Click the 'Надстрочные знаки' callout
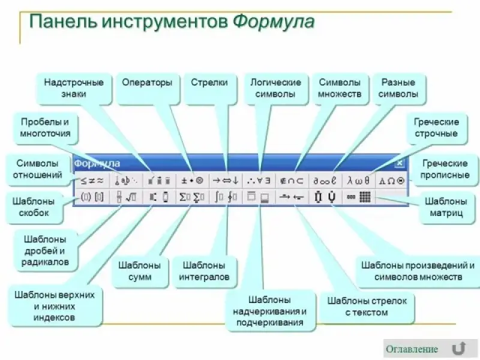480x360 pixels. [x=73, y=88]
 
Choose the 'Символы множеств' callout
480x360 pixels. [x=340, y=88]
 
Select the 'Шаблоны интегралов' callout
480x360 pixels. [x=204, y=271]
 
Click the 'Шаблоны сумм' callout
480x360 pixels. [x=139, y=271]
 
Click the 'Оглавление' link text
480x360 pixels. [x=411, y=349]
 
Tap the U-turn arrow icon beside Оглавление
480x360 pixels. [x=459, y=349]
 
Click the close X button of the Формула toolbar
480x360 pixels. [x=400, y=163]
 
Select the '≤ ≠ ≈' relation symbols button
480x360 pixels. [x=92, y=180]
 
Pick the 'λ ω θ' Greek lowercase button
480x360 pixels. [x=359, y=180]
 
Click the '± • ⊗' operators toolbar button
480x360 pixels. [x=192, y=180]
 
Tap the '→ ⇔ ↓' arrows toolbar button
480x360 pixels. [x=226, y=180]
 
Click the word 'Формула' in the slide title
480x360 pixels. [x=273, y=22]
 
